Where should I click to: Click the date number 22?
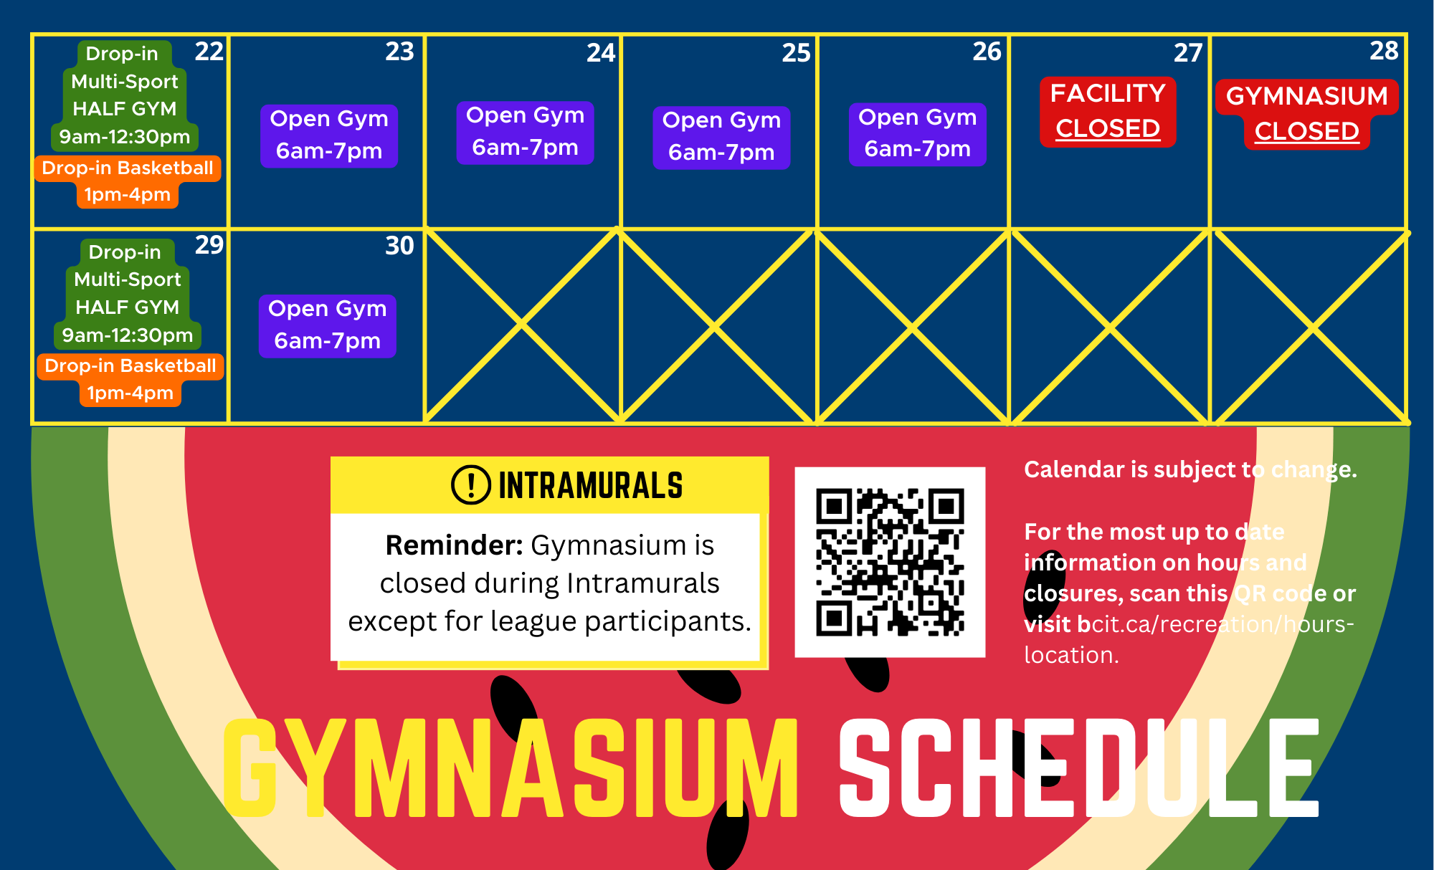tap(209, 52)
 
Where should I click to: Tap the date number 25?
tap(796, 53)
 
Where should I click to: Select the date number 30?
tap(399, 246)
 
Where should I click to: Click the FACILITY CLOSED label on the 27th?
tap(1108, 111)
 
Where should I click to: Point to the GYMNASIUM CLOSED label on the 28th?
tap(1307, 114)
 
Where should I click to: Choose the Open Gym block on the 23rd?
tap(329, 135)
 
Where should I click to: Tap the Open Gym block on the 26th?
tap(918, 133)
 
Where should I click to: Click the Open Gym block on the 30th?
tap(328, 325)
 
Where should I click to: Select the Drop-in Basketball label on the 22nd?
tap(128, 168)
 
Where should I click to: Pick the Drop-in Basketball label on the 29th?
tap(130, 366)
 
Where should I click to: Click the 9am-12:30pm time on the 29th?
tap(128, 335)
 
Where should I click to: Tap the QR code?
tap(890, 563)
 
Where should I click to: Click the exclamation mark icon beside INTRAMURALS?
tap(471, 484)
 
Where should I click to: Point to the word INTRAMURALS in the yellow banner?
tap(591, 485)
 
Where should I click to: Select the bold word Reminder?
tap(455, 545)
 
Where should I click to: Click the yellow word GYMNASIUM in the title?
tap(511, 768)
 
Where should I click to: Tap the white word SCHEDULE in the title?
tap(1079, 768)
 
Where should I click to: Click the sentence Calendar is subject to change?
tap(1190, 469)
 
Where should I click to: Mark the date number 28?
tap(1384, 51)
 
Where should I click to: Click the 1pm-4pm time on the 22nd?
tap(128, 195)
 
